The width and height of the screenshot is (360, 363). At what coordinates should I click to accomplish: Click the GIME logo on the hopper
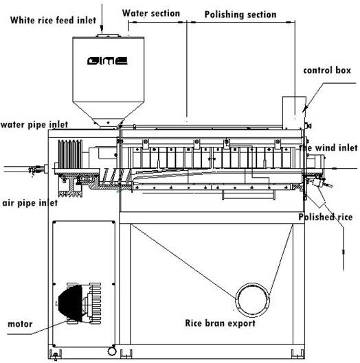coord(107,61)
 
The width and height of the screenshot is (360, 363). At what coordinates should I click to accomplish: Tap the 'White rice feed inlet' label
coord(53,20)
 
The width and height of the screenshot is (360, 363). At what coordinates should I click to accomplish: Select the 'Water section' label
coord(151,13)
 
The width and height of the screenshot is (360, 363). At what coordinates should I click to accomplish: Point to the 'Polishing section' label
coord(240,14)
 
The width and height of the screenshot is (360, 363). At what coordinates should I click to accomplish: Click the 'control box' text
coord(327,70)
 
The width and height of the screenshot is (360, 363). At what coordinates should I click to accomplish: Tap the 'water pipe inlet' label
coord(34,125)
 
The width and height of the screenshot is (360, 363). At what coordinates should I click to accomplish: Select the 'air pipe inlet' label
coord(30,203)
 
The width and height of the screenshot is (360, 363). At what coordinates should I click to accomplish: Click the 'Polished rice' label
coord(325,217)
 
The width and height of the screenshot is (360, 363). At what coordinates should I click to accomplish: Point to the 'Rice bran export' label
coord(221,323)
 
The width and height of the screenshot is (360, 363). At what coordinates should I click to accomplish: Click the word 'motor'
coord(20,324)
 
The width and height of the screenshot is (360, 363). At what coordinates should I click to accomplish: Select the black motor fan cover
coord(70,303)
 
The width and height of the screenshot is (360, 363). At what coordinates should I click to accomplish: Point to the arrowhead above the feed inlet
coord(102,30)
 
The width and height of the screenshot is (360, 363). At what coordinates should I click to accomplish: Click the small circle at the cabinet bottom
coord(112,351)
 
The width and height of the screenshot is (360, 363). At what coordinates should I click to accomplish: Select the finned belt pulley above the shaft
coord(70,154)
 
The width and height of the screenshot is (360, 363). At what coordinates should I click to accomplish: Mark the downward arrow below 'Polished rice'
coord(344,252)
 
